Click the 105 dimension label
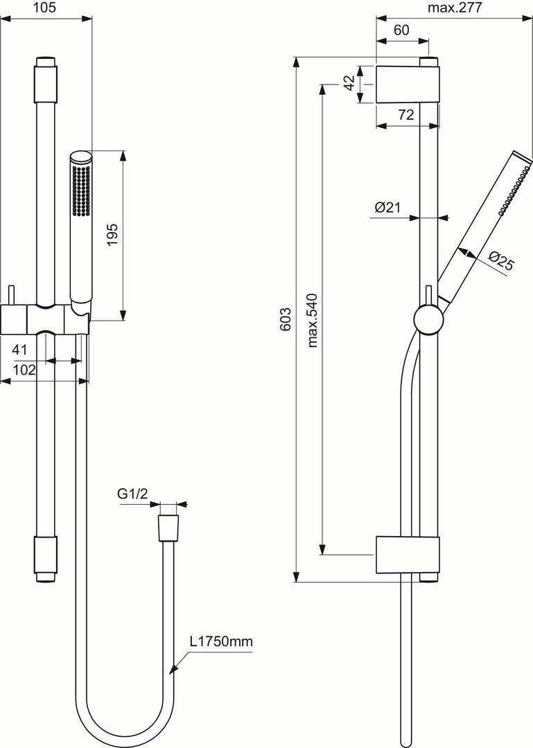click(x=45, y=7)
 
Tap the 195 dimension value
click(x=112, y=234)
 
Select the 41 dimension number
click(x=19, y=350)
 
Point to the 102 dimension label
click(x=24, y=370)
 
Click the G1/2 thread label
click(x=132, y=495)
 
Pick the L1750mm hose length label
click(x=221, y=641)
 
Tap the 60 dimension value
click(x=402, y=30)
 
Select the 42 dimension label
click(x=350, y=83)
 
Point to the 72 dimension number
click(x=405, y=114)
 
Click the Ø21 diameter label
click(x=387, y=207)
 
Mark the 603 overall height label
click(x=285, y=319)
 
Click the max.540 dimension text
click(x=313, y=320)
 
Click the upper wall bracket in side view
click(x=408, y=84)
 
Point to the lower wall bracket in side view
click(x=408, y=555)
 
